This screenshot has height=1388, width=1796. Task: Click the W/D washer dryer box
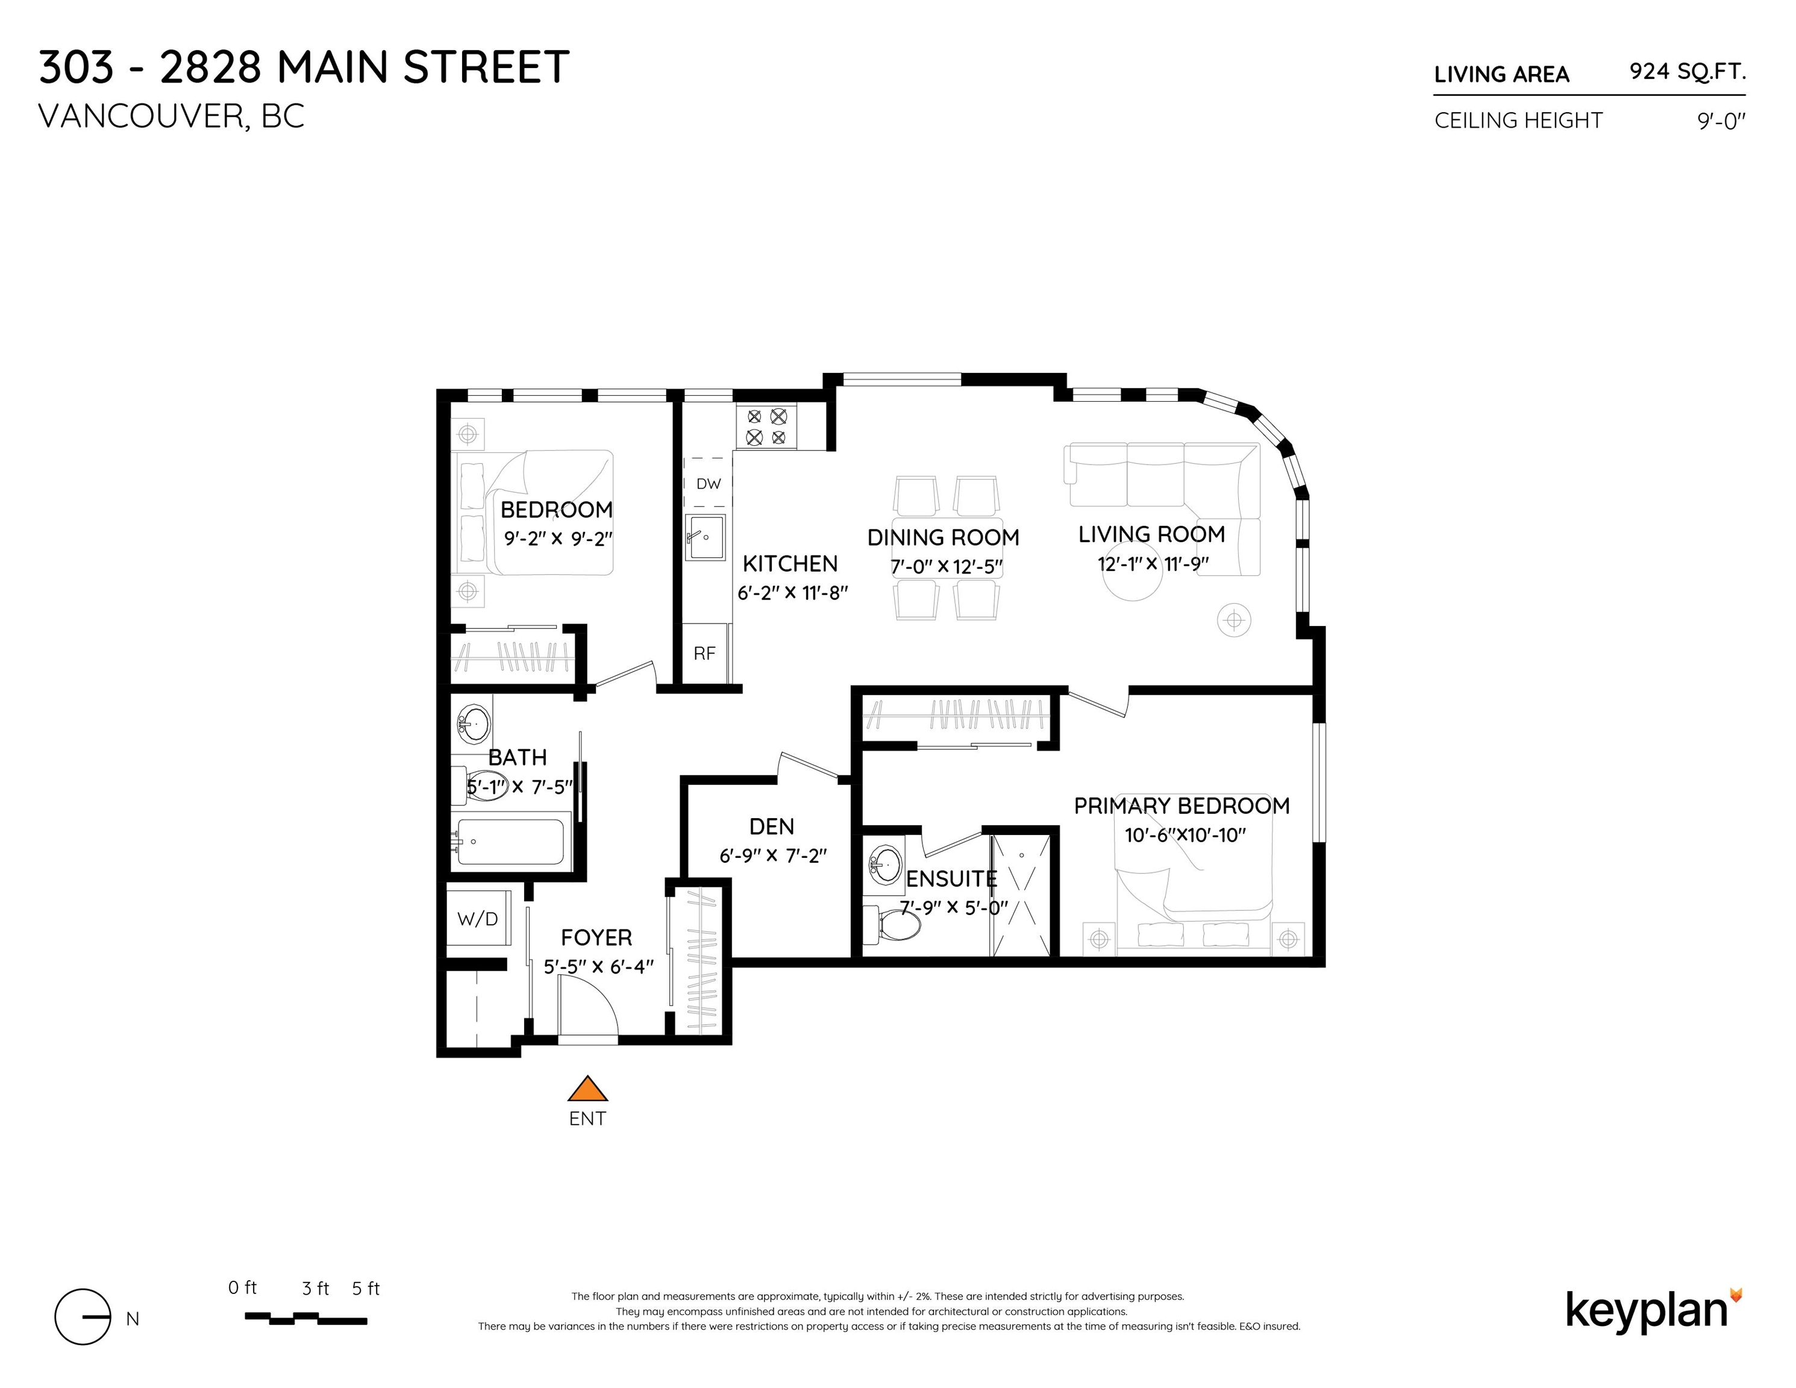click(478, 919)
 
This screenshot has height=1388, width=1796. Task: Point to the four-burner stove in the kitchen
click(766, 427)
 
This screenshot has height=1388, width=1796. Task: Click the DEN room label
click(771, 827)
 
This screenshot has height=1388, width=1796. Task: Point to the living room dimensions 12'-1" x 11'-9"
click(1153, 564)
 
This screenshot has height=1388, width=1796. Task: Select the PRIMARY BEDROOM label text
click(1181, 806)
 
